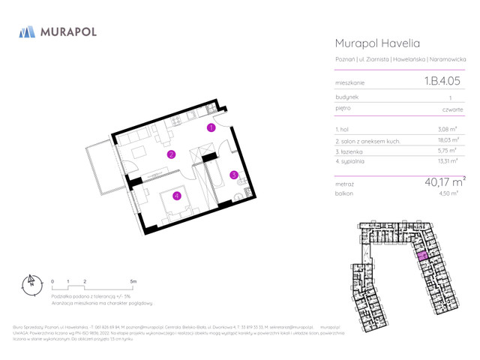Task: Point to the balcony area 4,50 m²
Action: (448, 193)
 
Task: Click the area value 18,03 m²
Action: (448, 140)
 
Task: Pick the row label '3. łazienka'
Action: (349, 151)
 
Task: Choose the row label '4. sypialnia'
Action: (350, 161)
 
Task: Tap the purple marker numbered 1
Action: (211, 128)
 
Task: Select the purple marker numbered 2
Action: (171, 155)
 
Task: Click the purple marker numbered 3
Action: (234, 175)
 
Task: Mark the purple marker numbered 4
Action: (176, 196)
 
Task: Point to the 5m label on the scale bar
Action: (133, 281)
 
